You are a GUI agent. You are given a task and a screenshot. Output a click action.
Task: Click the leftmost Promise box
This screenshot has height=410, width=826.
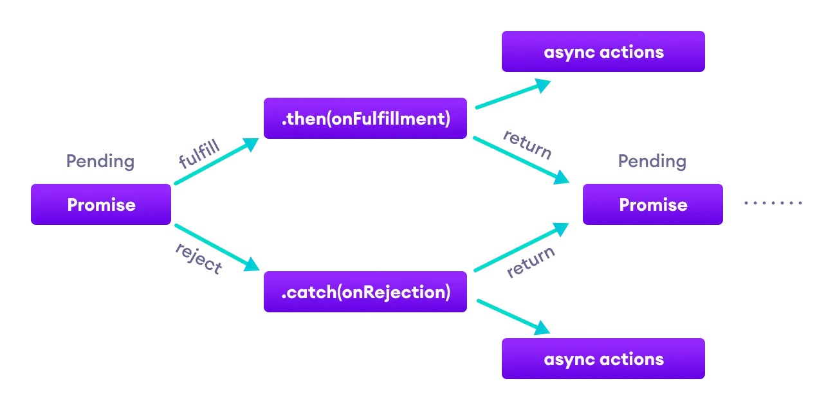101,204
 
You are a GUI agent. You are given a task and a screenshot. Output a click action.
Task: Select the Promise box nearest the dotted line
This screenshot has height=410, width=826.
652,204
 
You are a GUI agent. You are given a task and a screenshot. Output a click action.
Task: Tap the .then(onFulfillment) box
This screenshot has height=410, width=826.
365,118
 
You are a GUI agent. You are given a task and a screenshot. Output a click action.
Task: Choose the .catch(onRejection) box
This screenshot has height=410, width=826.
365,292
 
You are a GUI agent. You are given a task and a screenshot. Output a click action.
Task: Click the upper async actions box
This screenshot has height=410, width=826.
603,51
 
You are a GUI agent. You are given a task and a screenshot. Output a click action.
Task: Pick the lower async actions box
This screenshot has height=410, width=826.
603,359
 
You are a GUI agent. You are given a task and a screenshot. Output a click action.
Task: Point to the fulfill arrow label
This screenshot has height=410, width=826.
199,154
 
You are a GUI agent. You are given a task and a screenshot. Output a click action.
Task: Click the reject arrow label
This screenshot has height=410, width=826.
199,258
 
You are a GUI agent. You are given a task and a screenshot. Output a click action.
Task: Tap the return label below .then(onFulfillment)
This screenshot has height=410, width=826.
527,145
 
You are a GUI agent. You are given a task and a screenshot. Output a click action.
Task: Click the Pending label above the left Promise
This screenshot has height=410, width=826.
100,161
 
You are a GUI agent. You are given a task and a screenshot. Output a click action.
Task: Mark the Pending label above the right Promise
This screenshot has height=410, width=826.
652,161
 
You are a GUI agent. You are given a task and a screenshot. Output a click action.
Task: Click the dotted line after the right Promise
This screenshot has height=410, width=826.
773,203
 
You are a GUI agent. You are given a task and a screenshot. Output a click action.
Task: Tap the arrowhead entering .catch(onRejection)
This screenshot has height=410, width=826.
252,265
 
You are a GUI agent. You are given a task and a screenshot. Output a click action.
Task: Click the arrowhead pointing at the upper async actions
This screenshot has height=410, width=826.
544,85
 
